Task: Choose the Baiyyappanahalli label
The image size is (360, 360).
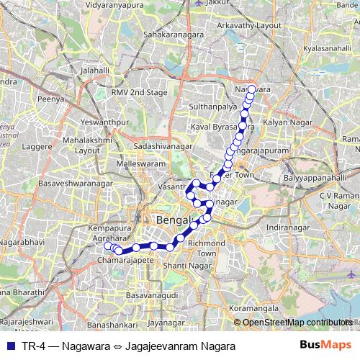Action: click(310, 176)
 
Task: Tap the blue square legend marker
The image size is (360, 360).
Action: click(11, 346)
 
